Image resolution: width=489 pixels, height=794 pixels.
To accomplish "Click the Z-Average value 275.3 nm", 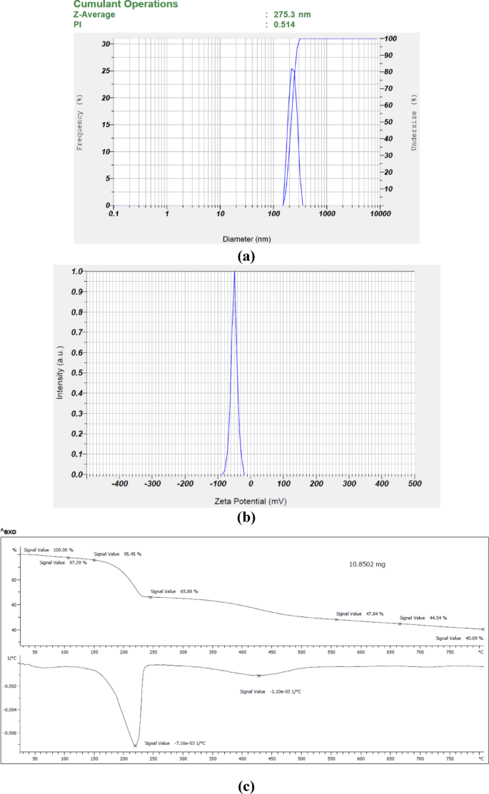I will tap(292, 14).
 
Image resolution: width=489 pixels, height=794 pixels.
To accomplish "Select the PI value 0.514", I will tap(285, 24).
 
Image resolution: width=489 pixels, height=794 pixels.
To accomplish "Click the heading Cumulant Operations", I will tap(126, 4).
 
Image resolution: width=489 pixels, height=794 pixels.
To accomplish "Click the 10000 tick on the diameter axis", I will tap(379, 214).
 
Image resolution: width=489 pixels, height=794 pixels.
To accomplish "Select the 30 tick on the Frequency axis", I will tap(106, 44).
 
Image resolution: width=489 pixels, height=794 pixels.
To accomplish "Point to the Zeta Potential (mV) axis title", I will tap(251, 502).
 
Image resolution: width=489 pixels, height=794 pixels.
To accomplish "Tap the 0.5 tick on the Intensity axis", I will tap(78, 372).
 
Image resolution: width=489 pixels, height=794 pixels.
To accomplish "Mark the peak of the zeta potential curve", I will tap(234, 273).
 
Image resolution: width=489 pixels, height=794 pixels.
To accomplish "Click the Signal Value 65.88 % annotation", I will tap(174, 591).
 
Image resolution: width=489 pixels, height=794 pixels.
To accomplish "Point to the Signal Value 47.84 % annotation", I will tap(360, 614).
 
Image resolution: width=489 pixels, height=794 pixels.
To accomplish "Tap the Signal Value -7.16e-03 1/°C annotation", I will tap(175, 743).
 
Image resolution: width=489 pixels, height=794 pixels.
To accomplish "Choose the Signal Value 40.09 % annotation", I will tap(459, 638).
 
